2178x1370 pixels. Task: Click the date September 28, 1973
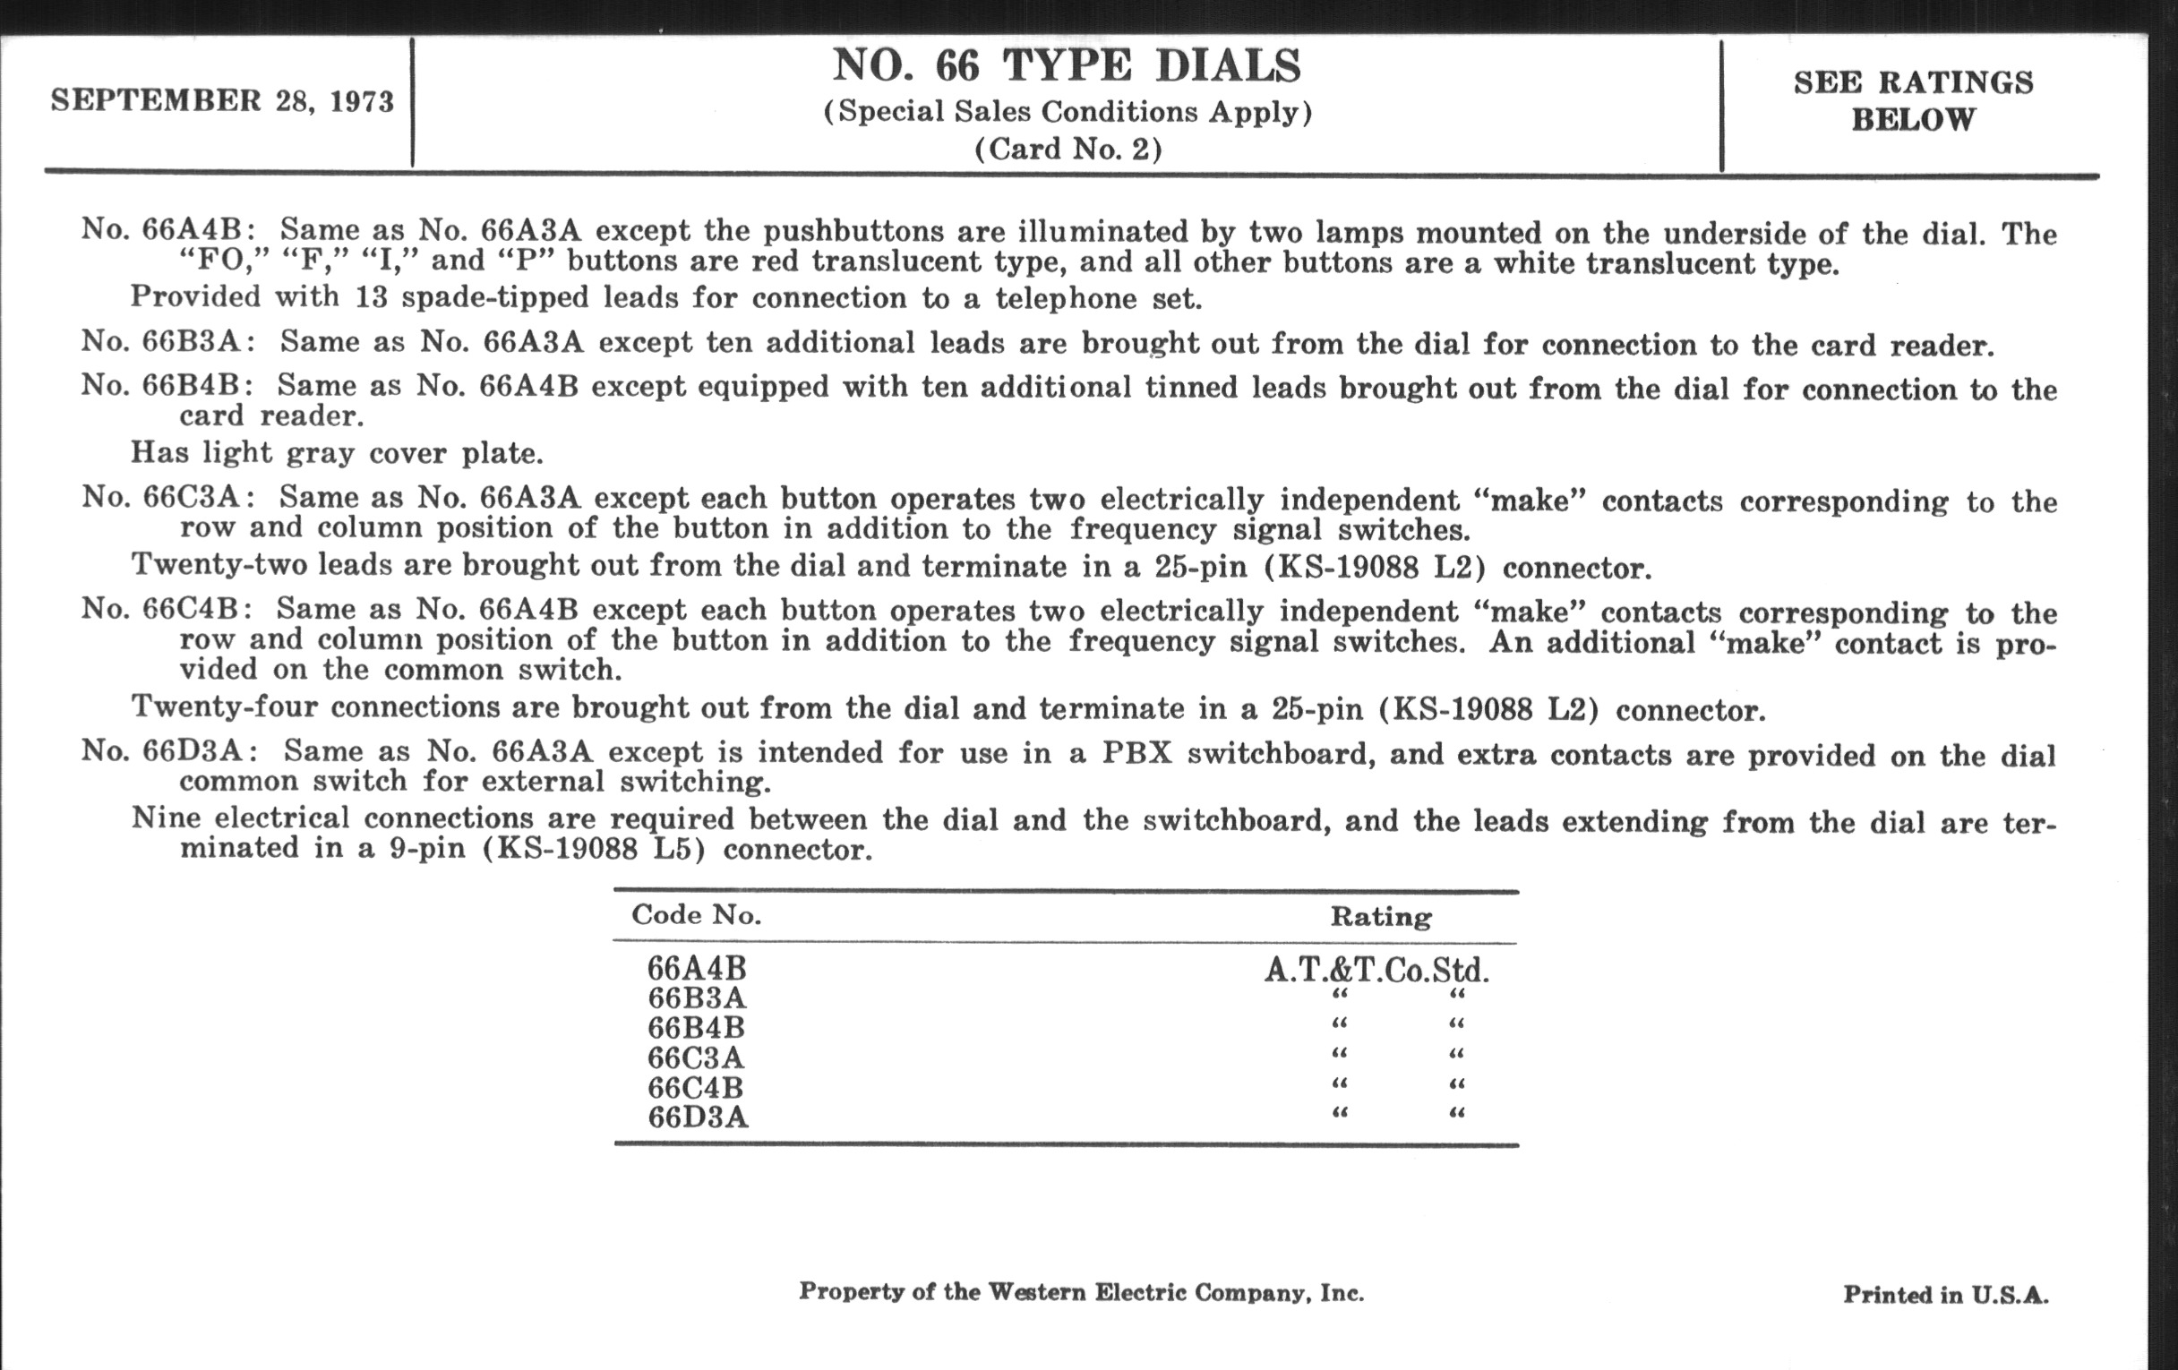tap(222, 100)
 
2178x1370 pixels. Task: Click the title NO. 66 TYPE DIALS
tap(1067, 66)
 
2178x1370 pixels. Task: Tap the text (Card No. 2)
tap(1068, 149)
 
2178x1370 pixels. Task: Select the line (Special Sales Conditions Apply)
tap(1068, 112)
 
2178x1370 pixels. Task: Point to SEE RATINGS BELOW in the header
tap(1913, 100)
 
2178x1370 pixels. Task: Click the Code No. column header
tap(697, 915)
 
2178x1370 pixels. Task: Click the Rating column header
tap(1380, 917)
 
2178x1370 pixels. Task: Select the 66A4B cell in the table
tap(697, 969)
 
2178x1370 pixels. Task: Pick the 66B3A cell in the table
tap(697, 998)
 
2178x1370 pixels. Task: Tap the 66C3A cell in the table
tap(697, 1057)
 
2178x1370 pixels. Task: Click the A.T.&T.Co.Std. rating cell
tap(1376, 971)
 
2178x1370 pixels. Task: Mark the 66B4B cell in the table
tap(697, 1028)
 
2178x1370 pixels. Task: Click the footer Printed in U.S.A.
tap(1945, 1295)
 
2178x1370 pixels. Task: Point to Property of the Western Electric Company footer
tap(1081, 1292)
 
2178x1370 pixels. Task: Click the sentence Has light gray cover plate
tap(337, 452)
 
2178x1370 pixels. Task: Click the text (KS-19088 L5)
tap(594, 850)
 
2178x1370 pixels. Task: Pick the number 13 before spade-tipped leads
tap(371, 297)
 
